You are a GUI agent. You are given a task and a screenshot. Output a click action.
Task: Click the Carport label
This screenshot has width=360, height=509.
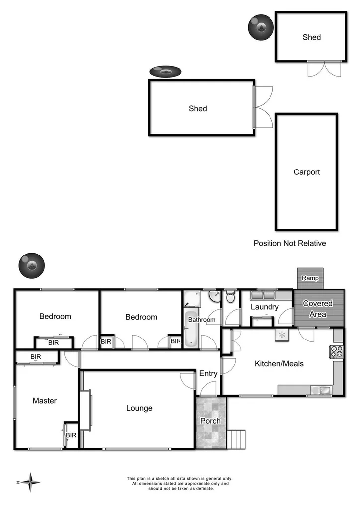tap(307, 172)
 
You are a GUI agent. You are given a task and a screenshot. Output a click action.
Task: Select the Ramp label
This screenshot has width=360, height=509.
tap(310, 278)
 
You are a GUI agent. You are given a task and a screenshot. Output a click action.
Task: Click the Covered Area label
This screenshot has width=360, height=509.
tap(318, 309)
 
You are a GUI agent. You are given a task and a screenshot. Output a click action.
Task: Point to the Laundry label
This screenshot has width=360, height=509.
tap(264, 307)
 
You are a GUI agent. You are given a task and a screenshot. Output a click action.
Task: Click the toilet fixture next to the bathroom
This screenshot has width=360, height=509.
tap(230, 298)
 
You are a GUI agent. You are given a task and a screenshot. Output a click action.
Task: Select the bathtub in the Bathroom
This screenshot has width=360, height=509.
tap(191, 329)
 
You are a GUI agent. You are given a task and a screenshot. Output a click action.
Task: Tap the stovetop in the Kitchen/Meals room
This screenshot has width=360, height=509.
tap(337, 351)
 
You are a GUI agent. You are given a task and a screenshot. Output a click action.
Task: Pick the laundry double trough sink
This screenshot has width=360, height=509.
tap(264, 294)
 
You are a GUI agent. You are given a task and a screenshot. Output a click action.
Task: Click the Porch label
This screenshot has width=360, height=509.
tap(210, 421)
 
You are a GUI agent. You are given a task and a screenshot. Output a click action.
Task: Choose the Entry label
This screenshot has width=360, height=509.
tap(208, 374)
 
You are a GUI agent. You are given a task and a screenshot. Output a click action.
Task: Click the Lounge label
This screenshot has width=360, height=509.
tap(139, 408)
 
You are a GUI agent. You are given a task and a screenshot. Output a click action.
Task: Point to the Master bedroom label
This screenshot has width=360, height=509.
tap(45, 401)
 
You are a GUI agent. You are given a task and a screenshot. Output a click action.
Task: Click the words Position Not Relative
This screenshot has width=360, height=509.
tap(289, 243)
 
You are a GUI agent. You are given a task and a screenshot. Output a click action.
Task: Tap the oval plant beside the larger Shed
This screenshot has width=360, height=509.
tap(165, 72)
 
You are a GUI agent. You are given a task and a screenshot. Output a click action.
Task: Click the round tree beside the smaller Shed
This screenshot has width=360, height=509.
tap(260, 27)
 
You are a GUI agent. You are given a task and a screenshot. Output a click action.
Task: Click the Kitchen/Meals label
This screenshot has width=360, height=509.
tap(279, 364)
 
